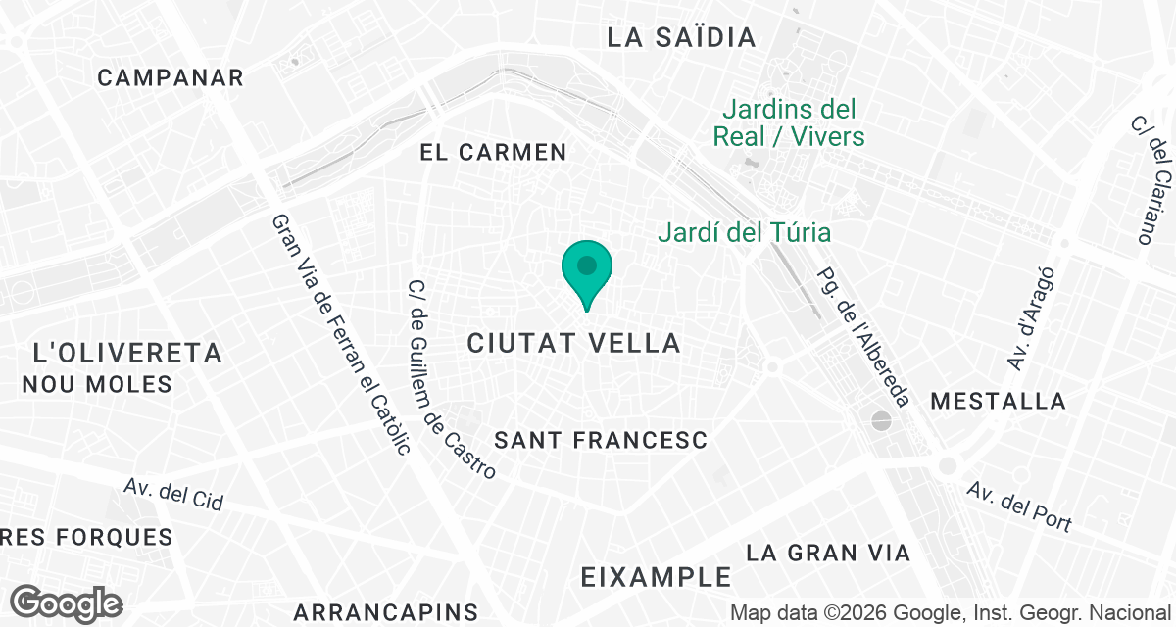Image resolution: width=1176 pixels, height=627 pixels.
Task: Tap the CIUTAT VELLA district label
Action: coord(574,343)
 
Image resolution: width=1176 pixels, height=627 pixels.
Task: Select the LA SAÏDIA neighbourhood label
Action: coord(682,38)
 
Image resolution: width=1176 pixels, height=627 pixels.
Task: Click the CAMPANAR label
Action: coord(171,78)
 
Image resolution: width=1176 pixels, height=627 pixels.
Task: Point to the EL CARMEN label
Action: coord(493,153)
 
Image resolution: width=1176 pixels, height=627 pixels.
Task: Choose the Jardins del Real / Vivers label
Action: coord(789,122)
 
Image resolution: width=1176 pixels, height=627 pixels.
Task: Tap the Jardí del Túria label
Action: coord(744,233)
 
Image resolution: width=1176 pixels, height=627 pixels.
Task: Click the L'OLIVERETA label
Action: coord(127,354)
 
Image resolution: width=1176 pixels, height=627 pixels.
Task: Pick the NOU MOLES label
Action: coord(97,384)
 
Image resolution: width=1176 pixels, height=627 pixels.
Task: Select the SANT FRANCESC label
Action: coord(601,441)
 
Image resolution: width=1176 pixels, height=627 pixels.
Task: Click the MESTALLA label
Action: coord(999,401)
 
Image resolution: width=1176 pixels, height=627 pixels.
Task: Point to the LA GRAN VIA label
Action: coord(828,554)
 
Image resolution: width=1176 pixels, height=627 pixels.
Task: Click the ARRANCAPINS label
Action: coord(385,613)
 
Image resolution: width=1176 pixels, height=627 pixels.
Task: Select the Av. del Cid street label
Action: coord(173,494)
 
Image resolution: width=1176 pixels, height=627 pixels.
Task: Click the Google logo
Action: coord(67,603)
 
